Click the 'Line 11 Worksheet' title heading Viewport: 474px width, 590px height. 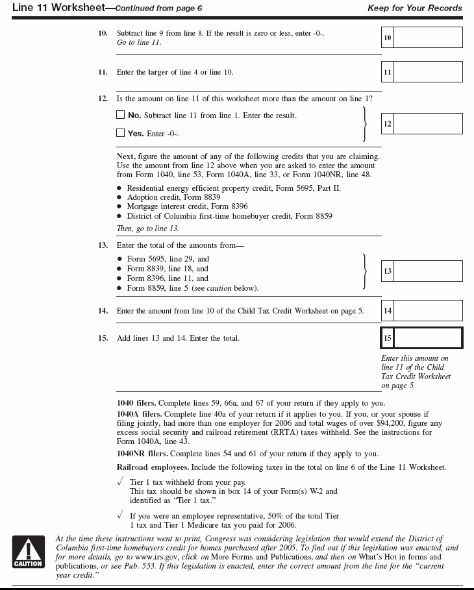point(53,8)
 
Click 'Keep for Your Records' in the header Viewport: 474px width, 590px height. point(414,8)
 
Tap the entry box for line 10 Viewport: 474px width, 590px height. point(428,38)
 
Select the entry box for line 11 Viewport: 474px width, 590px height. point(428,72)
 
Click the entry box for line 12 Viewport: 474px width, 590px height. point(428,123)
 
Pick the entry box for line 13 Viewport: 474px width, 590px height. point(428,271)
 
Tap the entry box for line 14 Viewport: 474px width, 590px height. point(428,311)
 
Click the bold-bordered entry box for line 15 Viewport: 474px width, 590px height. point(428,338)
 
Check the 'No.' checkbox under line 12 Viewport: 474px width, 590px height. point(120,115)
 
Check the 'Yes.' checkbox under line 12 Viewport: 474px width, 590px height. point(120,133)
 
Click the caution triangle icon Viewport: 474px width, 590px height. point(28,551)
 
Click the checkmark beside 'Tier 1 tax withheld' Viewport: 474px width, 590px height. point(120,482)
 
